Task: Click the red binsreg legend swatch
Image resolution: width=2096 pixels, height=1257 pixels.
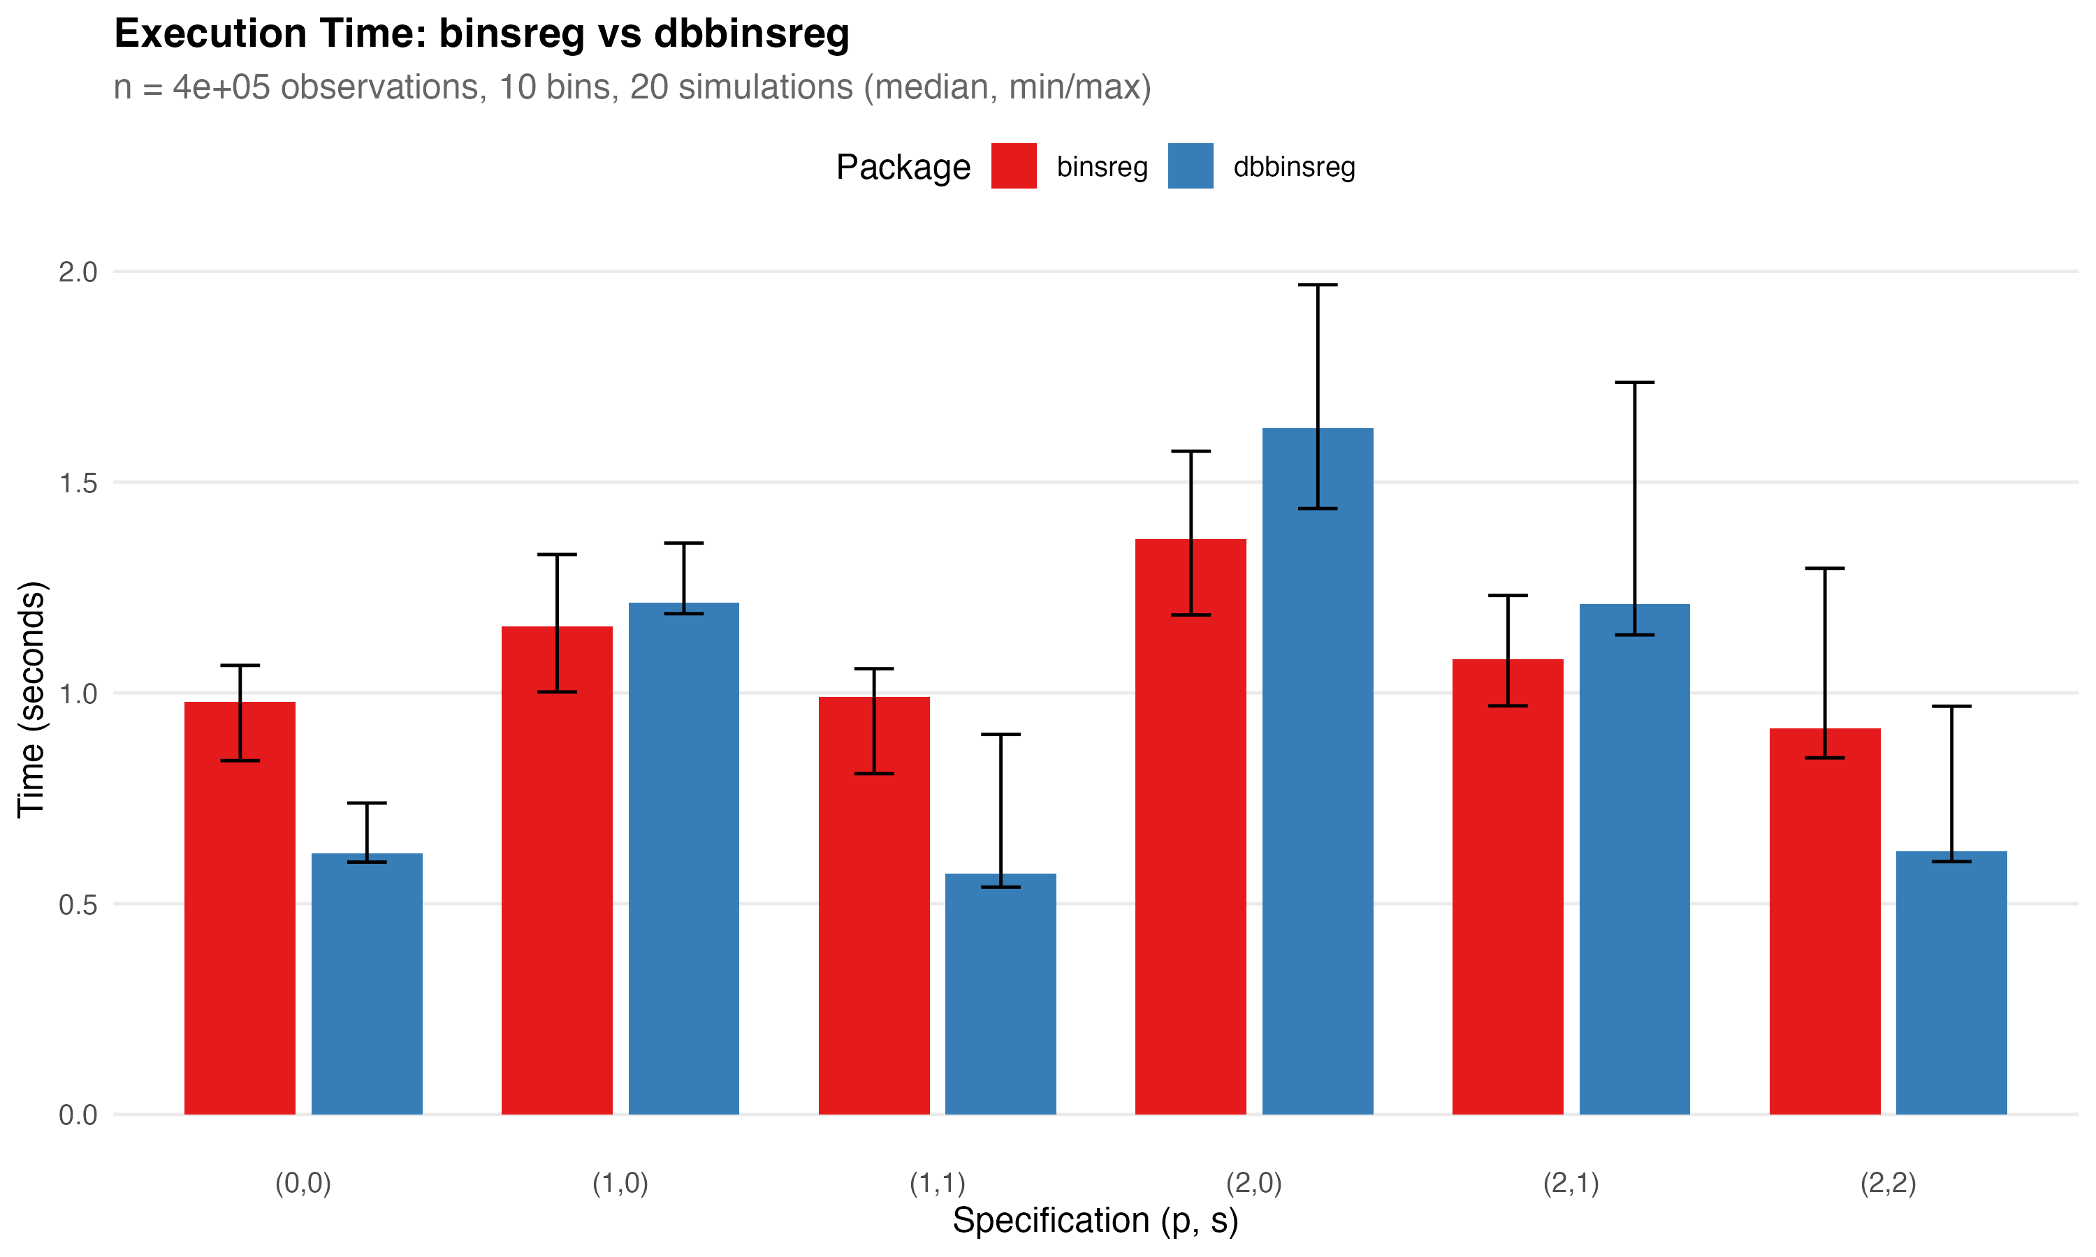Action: coord(1013,166)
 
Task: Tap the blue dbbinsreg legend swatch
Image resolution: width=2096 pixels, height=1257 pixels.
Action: coord(1191,166)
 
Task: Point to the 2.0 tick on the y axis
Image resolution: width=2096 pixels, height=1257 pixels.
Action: coord(78,272)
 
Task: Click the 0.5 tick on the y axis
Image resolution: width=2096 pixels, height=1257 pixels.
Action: coord(78,904)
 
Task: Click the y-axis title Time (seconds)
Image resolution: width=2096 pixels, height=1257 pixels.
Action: coord(31,700)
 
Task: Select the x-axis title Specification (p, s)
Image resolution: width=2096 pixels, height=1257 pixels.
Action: coord(1095,1221)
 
